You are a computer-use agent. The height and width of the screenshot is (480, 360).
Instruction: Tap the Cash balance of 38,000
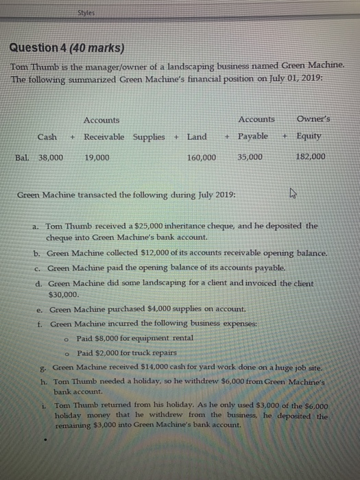coord(49,157)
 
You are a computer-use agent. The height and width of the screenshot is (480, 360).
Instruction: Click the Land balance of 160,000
coord(202,157)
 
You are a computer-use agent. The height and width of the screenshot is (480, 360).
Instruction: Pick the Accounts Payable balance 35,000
coord(249,157)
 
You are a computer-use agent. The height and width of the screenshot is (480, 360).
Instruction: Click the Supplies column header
coord(149,136)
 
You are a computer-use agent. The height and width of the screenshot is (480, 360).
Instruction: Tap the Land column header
coord(197,136)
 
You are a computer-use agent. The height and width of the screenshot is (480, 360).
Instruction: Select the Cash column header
coord(47,136)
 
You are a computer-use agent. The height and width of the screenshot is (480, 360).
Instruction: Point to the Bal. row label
coord(23,157)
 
